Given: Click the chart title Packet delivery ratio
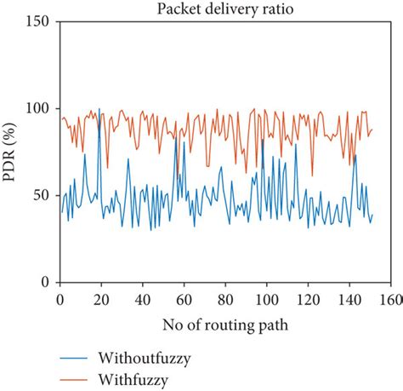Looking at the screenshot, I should tap(225, 9).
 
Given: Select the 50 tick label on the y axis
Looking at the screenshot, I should tap(43, 195).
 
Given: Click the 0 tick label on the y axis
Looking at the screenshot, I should tap(46, 282).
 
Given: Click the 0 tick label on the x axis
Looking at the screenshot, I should tap(60, 299).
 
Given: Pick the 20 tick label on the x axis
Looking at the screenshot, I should tap(101, 299).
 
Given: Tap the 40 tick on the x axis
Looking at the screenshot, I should tap(143, 299).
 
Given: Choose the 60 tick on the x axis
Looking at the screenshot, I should tap(184, 299).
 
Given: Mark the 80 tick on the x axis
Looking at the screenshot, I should tap(225, 299).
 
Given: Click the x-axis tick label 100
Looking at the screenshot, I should tap(267, 299).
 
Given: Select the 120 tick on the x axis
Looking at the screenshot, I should tap(309, 299).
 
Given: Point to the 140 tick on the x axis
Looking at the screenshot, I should tap(349, 299).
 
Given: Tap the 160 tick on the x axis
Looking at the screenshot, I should tap(391, 299).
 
